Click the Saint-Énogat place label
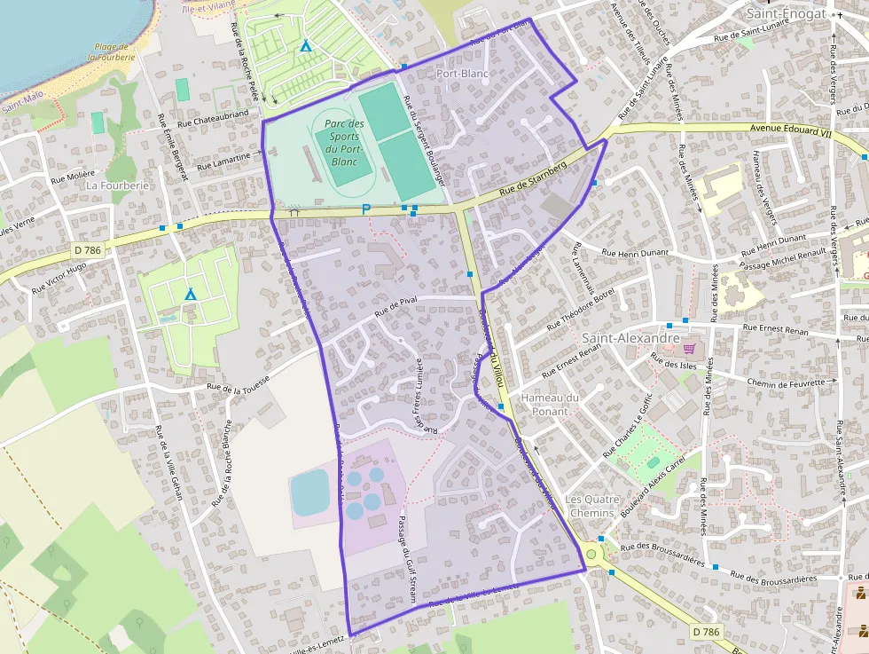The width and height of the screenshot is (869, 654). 786,13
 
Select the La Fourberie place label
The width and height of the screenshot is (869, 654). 117,185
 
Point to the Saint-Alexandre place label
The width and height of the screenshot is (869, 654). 630,338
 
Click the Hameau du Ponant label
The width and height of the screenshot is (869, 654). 550,404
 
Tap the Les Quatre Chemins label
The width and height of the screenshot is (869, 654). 590,506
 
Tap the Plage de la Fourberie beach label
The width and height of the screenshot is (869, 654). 112,51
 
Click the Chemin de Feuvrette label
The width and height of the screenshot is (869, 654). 793,382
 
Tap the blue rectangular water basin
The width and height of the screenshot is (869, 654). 309,492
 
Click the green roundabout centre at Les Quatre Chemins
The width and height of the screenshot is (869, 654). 591,554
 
